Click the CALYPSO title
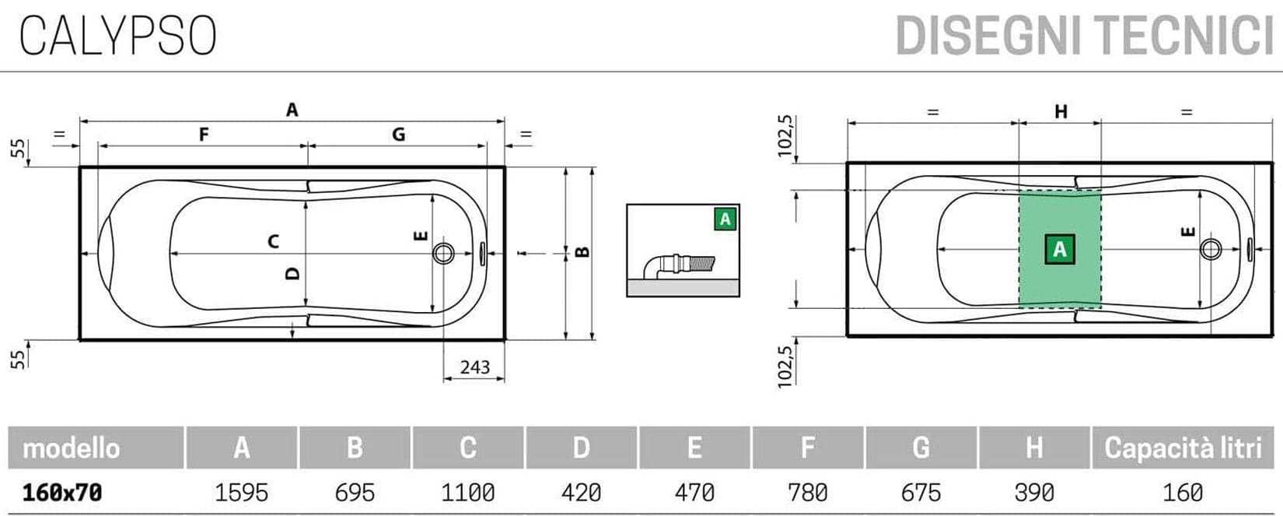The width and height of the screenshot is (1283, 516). pyautogui.click(x=118, y=35)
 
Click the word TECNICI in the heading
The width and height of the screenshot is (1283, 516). pyautogui.click(x=1187, y=36)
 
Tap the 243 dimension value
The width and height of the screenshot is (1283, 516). pyautogui.click(x=475, y=367)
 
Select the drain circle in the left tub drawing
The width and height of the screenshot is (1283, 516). pyautogui.click(x=443, y=253)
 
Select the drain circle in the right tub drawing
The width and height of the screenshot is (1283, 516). pyautogui.click(x=1210, y=249)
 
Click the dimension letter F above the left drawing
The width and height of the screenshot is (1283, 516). pyautogui.click(x=203, y=135)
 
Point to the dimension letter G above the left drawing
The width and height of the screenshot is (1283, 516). pyautogui.click(x=399, y=135)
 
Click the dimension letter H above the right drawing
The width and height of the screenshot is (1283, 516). pyautogui.click(x=1061, y=111)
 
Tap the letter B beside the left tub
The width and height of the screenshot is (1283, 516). pyautogui.click(x=582, y=251)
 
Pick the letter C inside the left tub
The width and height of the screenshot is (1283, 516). pyautogui.click(x=273, y=240)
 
